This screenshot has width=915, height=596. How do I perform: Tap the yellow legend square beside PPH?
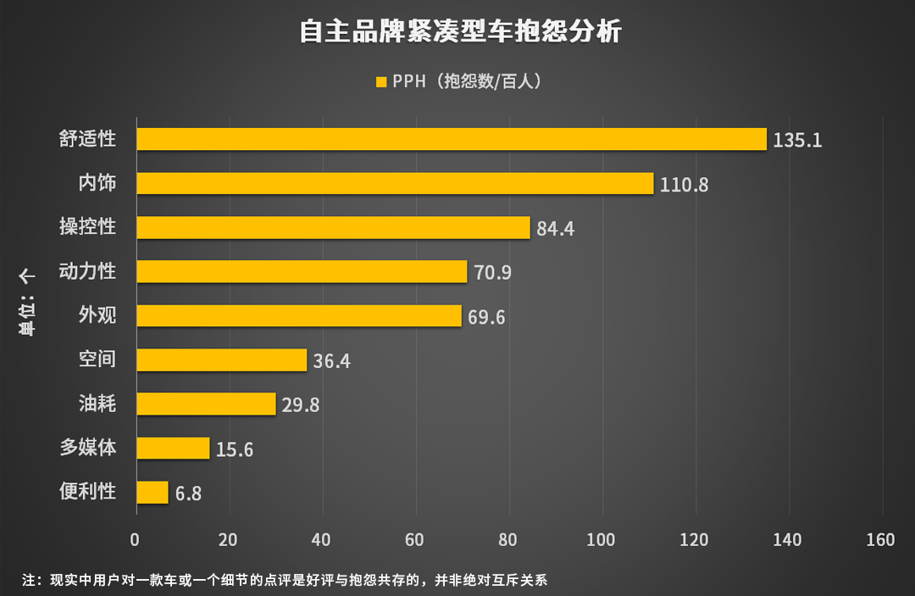(x=380, y=82)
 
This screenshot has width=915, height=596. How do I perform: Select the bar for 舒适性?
(x=452, y=139)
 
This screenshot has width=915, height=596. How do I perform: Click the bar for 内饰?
(x=395, y=183)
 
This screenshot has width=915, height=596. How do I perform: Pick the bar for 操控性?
(x=333, y=227)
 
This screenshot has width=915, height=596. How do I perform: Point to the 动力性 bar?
(x=302, y=271)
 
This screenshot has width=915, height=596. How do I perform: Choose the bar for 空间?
(x=221, y=359)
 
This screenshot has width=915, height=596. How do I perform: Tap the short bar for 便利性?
(x=152, y=492)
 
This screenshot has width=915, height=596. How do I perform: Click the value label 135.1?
(x=797, y=140)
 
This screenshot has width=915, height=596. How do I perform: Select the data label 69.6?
(x=486, y=317)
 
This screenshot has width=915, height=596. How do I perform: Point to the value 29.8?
(x=301, y=405)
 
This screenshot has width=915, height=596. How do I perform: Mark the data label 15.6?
(x=235, y=449)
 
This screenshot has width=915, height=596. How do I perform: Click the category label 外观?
(x=97, y=315)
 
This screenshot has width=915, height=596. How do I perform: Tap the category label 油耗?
(x=97, y=404)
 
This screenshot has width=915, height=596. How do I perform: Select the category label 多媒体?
(x=87, y=448)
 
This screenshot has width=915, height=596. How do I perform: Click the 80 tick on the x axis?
(x=508, y=540)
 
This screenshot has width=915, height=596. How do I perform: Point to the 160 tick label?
(x=881, y=540)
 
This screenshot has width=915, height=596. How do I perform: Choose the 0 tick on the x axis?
(x=136, y=540)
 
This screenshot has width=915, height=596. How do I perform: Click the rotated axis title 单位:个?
(x=27, y=305)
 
